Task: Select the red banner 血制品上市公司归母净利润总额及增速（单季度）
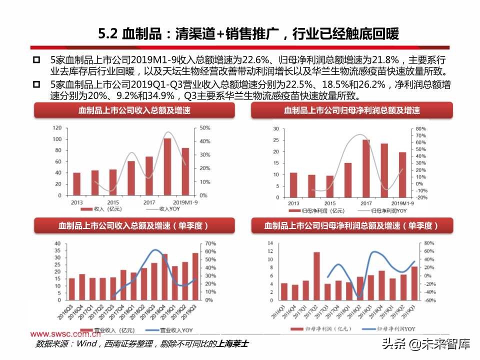pos(351,226)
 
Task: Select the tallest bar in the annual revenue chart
pos(167,166)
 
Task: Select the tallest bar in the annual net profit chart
pos(366,168)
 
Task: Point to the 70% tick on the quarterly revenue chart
pos(210,243)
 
